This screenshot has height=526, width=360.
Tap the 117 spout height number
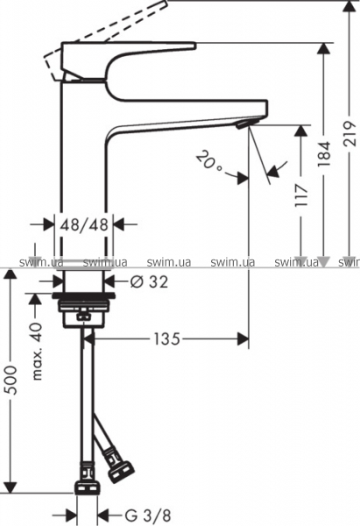(x=300, y=195)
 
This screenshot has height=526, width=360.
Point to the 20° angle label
(x=209, y=161)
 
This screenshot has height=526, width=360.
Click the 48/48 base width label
(x=84, y=224)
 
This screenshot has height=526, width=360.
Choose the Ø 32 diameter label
(x=149, y=282)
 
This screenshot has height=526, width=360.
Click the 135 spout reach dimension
(x=166, y=338)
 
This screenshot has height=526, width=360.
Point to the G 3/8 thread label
(x=148, y=515)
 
